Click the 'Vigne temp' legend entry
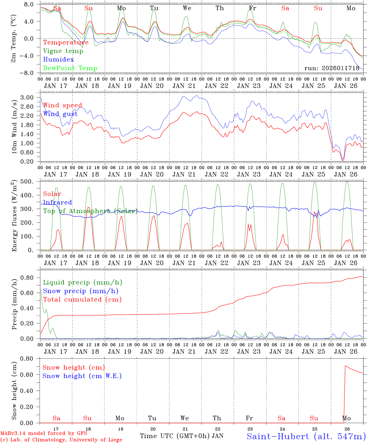pos(63,51)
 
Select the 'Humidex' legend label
pos(58,60)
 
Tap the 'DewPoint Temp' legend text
pos(70,68)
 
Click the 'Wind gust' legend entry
pos(60,114)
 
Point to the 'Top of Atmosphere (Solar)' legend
pos(90,211)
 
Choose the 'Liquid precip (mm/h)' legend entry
pos(82,282)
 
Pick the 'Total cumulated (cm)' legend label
pos(82,299)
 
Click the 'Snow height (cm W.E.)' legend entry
pos(82,376)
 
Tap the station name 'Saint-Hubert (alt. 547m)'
pos(306,436)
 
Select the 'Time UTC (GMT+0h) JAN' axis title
pos(182,436)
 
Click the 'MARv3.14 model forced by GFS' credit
pos(44,433)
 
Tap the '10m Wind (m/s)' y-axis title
pos(14,125)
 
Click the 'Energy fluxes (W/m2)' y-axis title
pos(14,216)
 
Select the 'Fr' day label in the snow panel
pos(249,418)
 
